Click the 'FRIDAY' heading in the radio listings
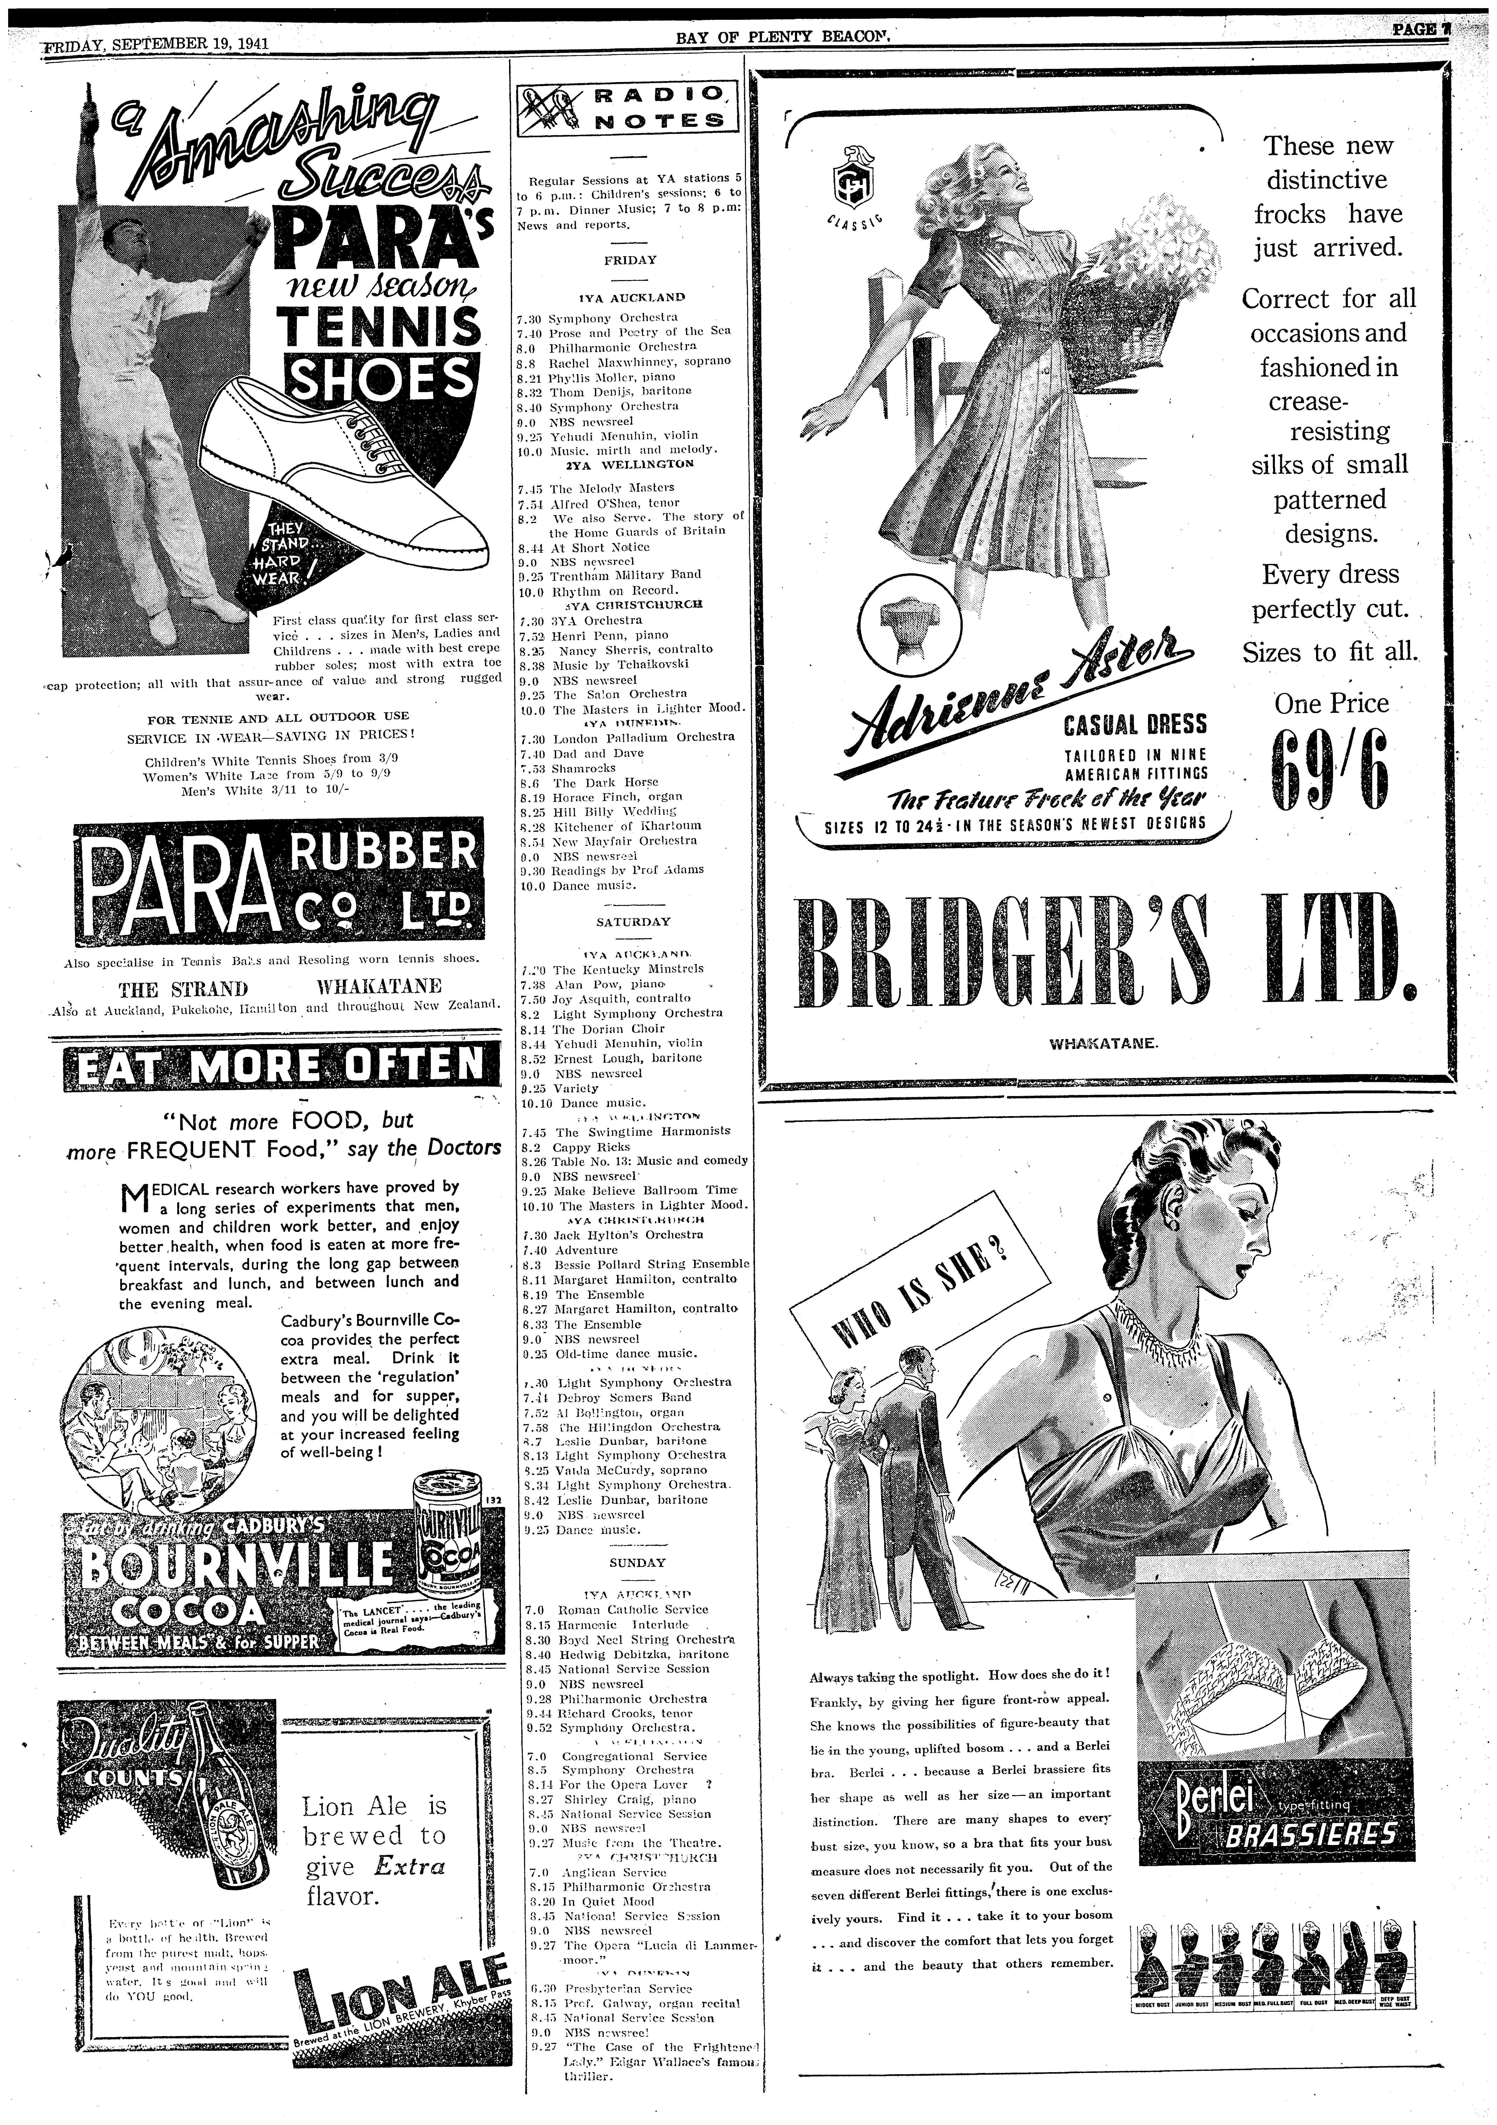(630, 260)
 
